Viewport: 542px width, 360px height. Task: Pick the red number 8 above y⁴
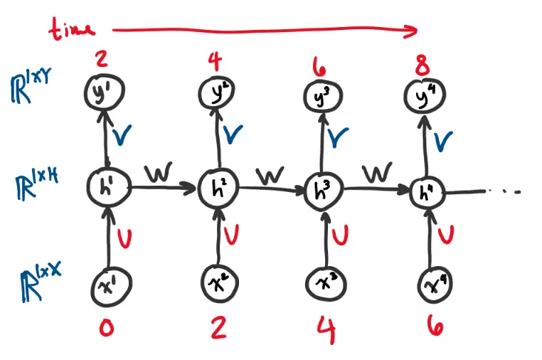tap(423, 69)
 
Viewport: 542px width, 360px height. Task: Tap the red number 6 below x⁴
tap(435, 326)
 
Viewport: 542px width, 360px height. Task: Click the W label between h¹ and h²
tap(158, 172)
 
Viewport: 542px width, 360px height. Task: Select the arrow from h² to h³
tap(270, 190)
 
